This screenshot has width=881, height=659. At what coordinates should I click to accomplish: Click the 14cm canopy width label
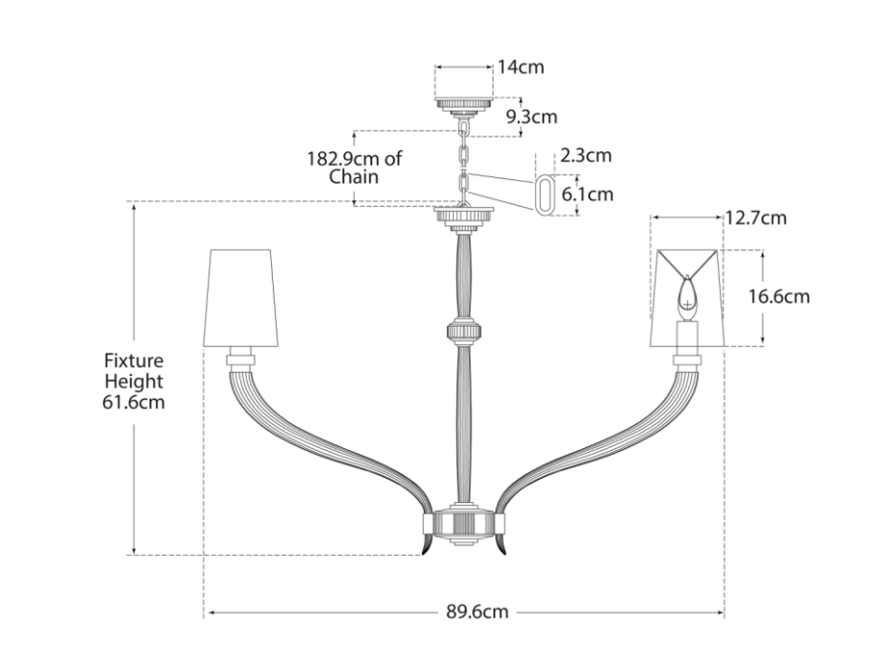[x=521, y=66]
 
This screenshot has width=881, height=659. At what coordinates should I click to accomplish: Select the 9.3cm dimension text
[x=531, y=117]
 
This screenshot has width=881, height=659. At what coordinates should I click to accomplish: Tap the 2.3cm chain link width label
[x=586, y=155]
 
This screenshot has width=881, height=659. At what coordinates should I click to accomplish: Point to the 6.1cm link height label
[x=588, y=195]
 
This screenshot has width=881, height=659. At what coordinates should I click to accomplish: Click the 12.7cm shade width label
[x=756, y=218]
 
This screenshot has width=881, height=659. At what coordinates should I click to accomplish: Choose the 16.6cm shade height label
[x=779, y=296]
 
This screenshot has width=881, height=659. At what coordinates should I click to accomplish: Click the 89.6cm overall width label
[x=477, y=611]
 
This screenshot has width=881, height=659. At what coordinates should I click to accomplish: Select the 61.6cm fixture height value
[x=134, y=403]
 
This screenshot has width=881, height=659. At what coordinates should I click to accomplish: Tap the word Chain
[x=354, y=177]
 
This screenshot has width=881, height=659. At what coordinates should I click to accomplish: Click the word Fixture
[x=134, y=360]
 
